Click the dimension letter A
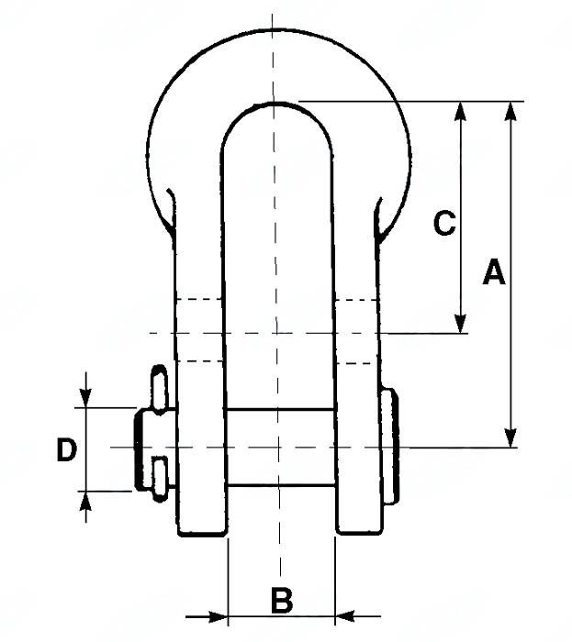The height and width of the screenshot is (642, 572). tap(494, 273)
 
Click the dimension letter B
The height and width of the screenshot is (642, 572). tap(282, 602)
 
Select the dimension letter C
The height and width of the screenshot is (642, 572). tap(444, 223)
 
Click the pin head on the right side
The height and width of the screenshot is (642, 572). tap(391, 447)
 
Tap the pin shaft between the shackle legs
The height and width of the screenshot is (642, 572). tap(280, 448)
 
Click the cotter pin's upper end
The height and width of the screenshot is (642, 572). tap(160, 378)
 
